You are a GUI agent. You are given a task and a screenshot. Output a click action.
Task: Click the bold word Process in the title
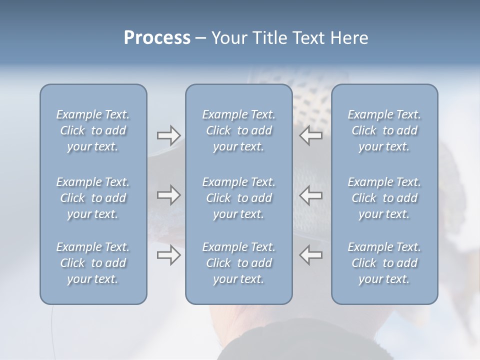coord(157,38)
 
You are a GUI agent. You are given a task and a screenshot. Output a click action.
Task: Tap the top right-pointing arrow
coord(169,135)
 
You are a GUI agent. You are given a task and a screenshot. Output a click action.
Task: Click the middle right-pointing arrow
coord(169,195)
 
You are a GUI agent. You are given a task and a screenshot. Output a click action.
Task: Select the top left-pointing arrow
coord(310,135)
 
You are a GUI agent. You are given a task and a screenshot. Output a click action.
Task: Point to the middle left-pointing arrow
coord(310,195)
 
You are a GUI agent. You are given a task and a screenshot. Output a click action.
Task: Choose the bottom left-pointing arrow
coord(310,255)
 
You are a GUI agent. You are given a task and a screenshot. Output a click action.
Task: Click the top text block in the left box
coord(93,130)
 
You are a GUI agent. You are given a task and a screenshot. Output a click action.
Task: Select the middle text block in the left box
coord(93,198)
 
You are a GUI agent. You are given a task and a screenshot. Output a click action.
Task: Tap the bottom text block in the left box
coord(93,263)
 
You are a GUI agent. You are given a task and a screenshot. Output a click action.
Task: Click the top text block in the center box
coord(238,130)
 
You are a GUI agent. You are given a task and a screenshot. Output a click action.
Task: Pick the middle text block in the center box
coord(238,198)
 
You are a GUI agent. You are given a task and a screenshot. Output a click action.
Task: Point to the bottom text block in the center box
coord(238,263)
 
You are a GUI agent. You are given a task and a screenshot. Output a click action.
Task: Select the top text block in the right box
coord(384,130)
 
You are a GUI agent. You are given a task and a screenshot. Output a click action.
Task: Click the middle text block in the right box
coord(384,198)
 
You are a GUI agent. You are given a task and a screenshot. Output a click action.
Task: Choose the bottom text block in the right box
coord(384,263)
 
